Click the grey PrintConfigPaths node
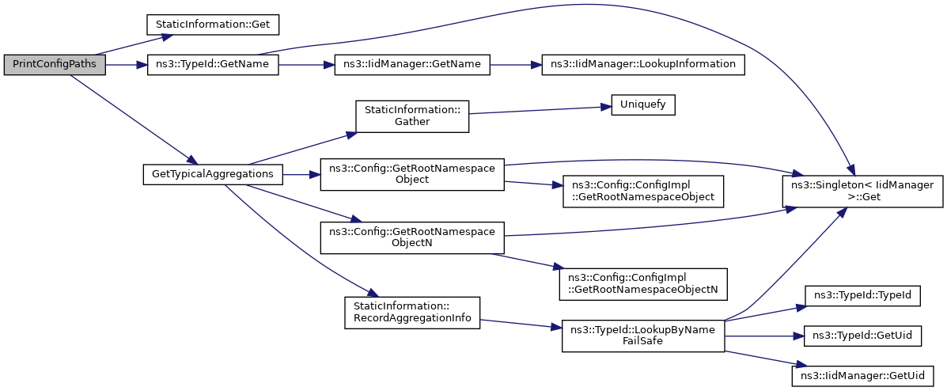click(55, 66)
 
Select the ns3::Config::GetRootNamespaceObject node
click(412, 174)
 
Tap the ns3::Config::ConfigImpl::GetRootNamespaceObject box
click(643, 191)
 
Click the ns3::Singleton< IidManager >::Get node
click(862, 191)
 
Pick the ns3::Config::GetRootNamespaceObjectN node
click(412, 237)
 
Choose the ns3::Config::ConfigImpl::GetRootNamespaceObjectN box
click(643, 283)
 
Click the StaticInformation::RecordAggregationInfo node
click(412, 313)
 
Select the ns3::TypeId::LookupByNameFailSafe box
click(643, 336)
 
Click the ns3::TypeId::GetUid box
click(863, 336)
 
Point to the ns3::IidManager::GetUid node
click(863, 375)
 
